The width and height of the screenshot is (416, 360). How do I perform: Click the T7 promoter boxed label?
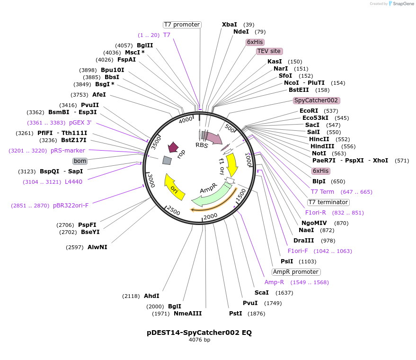pyautogui.click(x=182, y=25)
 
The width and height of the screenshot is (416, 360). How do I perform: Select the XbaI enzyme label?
pyautogui.click(x=230, y=25)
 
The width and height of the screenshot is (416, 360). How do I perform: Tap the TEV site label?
pyautogui.click(x=269, y=51)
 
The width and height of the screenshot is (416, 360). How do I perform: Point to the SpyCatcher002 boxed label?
pyautogui.click(x=316, y=100)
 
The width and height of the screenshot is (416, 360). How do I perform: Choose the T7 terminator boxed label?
pyautogui.click(x=328, y=202)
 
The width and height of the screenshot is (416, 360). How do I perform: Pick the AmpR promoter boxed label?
pyautogui.click(x=296, y=272)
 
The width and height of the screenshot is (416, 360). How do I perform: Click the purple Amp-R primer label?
pyautogui.click(x=274, y=282)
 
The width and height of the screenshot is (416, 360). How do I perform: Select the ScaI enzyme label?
pyautogui.click(x=261, y=293)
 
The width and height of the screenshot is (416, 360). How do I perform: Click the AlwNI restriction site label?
pyautogui.click(x=97, y=247)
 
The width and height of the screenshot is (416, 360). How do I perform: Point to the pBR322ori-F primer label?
pyautogui.click(x=71, y=206)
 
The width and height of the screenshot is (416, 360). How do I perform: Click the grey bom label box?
pyautogui.click(x=80, y=161)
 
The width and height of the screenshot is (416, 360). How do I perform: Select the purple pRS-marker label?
pyautogui.click(x=68, y=151)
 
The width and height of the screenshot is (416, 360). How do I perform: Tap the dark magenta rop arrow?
pyautogui.click(x=173, y=147)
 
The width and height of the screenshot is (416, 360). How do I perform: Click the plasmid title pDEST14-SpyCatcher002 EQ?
pyautogui.click(x=199, y=333)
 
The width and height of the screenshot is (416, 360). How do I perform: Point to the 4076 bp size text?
pyautogui.click(x=199, y=340)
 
